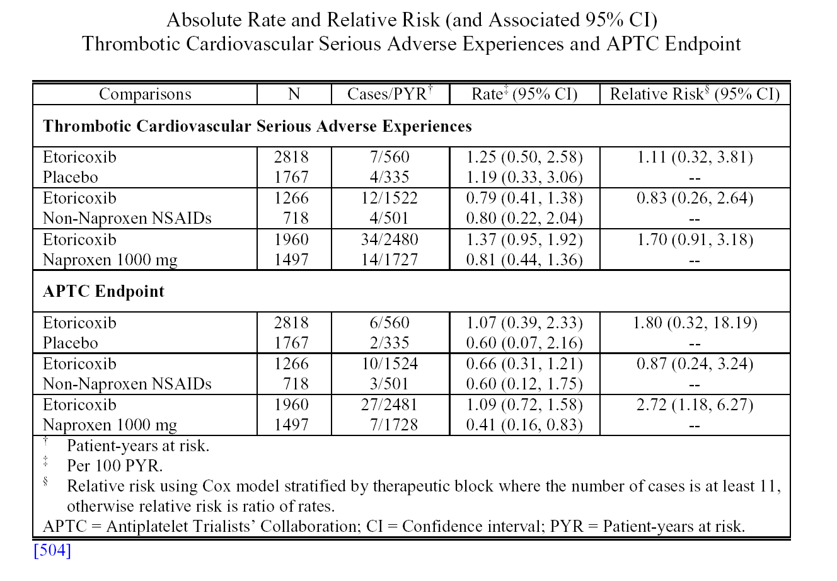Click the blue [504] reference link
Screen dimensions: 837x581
pyautogui.click(x=52, y=550)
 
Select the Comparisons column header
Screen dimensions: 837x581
pyautogui.click(x=145, y=94)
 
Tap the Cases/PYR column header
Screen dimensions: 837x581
pyautogui.click(x=390, y=93)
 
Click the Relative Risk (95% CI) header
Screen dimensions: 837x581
pyautogui.click(x=695, y=94)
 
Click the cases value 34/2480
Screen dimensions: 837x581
pyautogui.click(x=390, y=239)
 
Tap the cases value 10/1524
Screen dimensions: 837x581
pyautogui.click(x=390, y=364)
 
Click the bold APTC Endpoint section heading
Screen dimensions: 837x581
pyautogui.click(x=103, y=291)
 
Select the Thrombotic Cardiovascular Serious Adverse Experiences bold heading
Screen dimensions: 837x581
pyautogui.click(x=257, y=126)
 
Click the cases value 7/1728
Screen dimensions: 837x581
pyautogui.click(x=393, y=425)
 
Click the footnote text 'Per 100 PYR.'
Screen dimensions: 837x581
pyautogui.click(x=115, y=466)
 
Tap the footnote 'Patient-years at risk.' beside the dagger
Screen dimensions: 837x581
pyautogui.click(x=138, y=446)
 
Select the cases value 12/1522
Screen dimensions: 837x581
pyautogui.click(x=390, y=198)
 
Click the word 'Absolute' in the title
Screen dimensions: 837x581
pyautogui.click(x=204, y=20)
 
